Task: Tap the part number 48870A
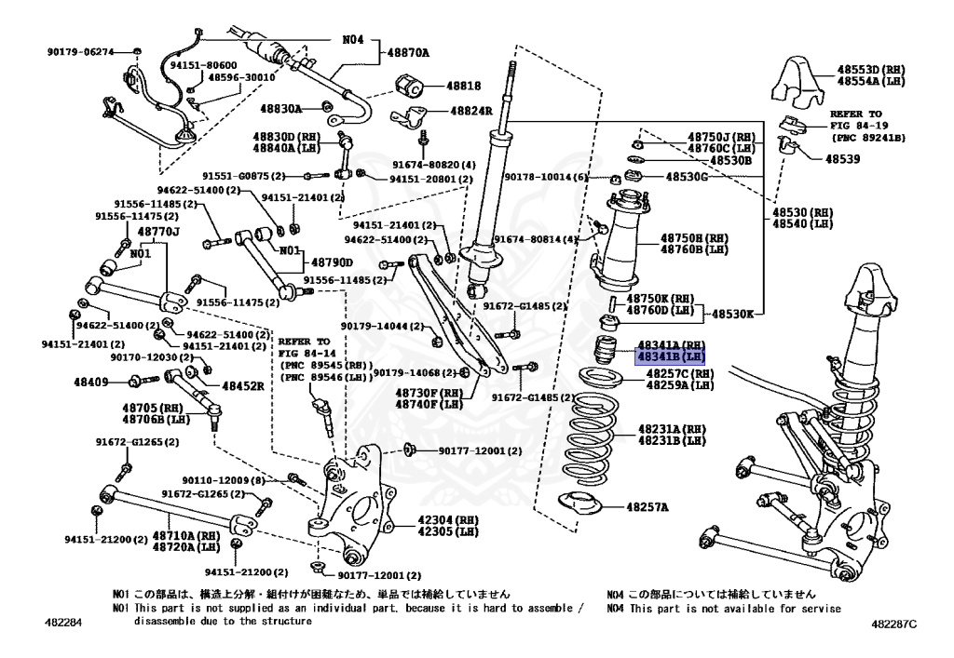click(x=409, y=53)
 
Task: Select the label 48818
click(x=464, y=86)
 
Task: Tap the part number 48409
click(x=92, y=381)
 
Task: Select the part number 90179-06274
click(x=81, y=52)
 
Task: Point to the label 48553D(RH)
click(x=871, y=70)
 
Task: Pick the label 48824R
click(x=471, y=110)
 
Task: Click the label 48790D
click(x=334, y=262)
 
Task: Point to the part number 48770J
click(x=158, y=231)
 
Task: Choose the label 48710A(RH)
click(x=187, y=535)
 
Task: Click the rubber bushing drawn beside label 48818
click(x=411, y=87)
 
